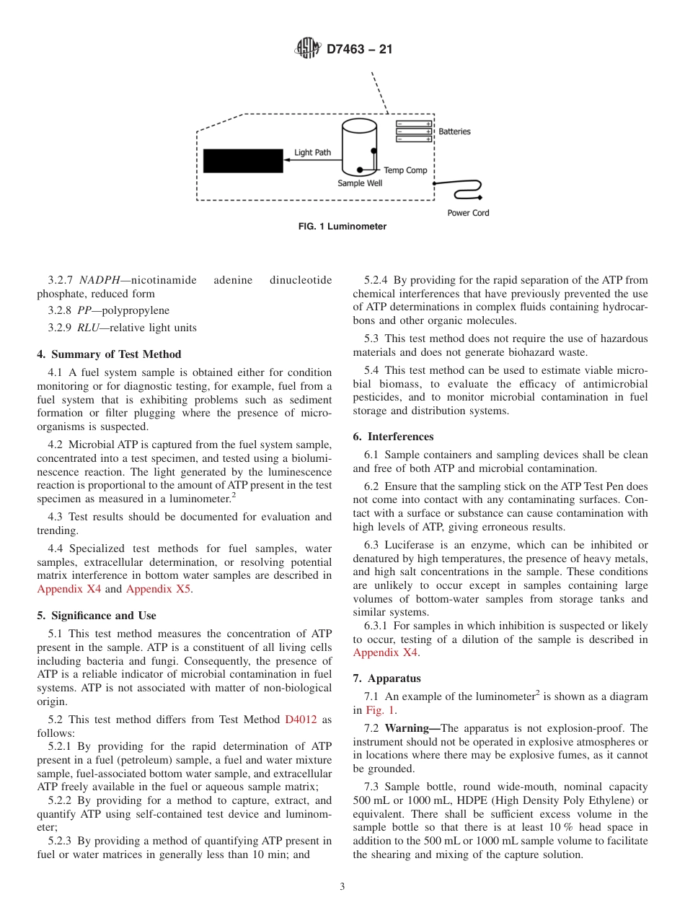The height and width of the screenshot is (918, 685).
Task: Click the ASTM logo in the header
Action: point(307,49)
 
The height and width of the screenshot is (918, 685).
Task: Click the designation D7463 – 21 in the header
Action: point(359,50)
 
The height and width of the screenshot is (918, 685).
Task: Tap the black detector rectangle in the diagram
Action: point(243,161)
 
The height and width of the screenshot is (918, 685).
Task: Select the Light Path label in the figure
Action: point(312,153)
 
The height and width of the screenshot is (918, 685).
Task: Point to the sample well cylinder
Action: point(359,148)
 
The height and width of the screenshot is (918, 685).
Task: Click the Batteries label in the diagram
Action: point(454,131)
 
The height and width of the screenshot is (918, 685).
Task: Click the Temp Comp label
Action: point(405,170)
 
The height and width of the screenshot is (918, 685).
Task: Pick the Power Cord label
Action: point(468,213)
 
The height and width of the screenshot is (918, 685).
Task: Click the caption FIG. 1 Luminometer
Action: point(342,227)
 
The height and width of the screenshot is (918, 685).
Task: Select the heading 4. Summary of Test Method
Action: point(109,354)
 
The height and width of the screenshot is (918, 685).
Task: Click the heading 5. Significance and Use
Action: point(96,616)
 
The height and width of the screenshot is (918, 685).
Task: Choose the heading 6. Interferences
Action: point(393,437)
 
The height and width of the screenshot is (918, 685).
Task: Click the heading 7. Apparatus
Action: point(386,678)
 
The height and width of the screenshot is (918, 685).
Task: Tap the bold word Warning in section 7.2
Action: point(407,728)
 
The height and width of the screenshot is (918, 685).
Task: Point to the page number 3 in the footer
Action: point(342,887)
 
